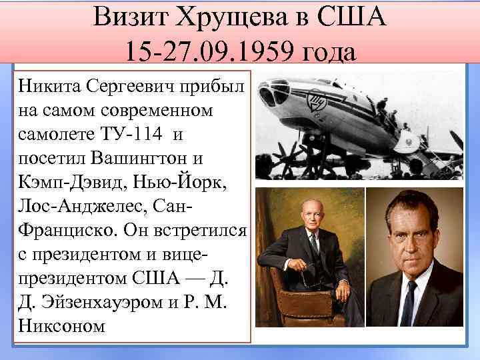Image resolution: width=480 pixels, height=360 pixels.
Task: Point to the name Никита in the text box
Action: tap(49, 86)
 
